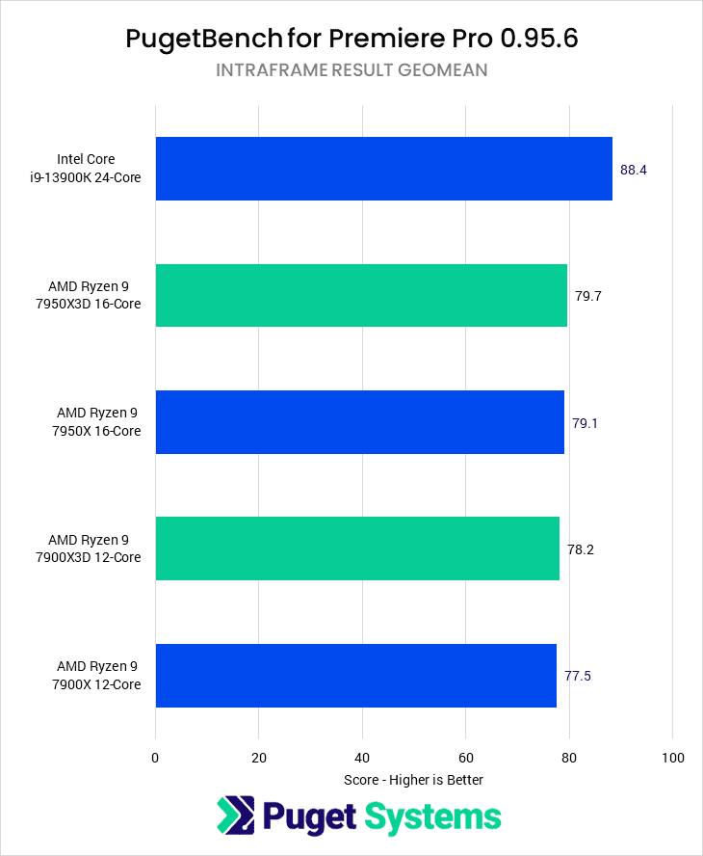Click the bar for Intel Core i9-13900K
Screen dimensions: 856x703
point(383,169)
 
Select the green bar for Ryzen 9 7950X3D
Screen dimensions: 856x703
point(361,295)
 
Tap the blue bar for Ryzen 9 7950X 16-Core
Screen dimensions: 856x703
point(359,422)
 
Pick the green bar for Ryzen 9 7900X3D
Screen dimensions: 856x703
point(357,548)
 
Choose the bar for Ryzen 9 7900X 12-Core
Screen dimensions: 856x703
point(355,675)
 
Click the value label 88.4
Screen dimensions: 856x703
point(634,170)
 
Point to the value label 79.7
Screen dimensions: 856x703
point(588,296)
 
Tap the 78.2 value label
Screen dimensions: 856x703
point(581,549)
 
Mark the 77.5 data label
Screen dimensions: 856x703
point(578,676)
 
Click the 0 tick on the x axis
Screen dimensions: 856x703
point(155,758)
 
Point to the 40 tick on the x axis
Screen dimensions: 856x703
point(362,758)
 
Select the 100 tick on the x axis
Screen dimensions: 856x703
point(672,758)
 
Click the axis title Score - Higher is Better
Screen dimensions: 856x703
point(413,780)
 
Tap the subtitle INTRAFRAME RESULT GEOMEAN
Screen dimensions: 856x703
point(351,70)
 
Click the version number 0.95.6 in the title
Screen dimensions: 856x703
point(534,39)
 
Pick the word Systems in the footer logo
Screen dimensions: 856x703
point(431,816)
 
